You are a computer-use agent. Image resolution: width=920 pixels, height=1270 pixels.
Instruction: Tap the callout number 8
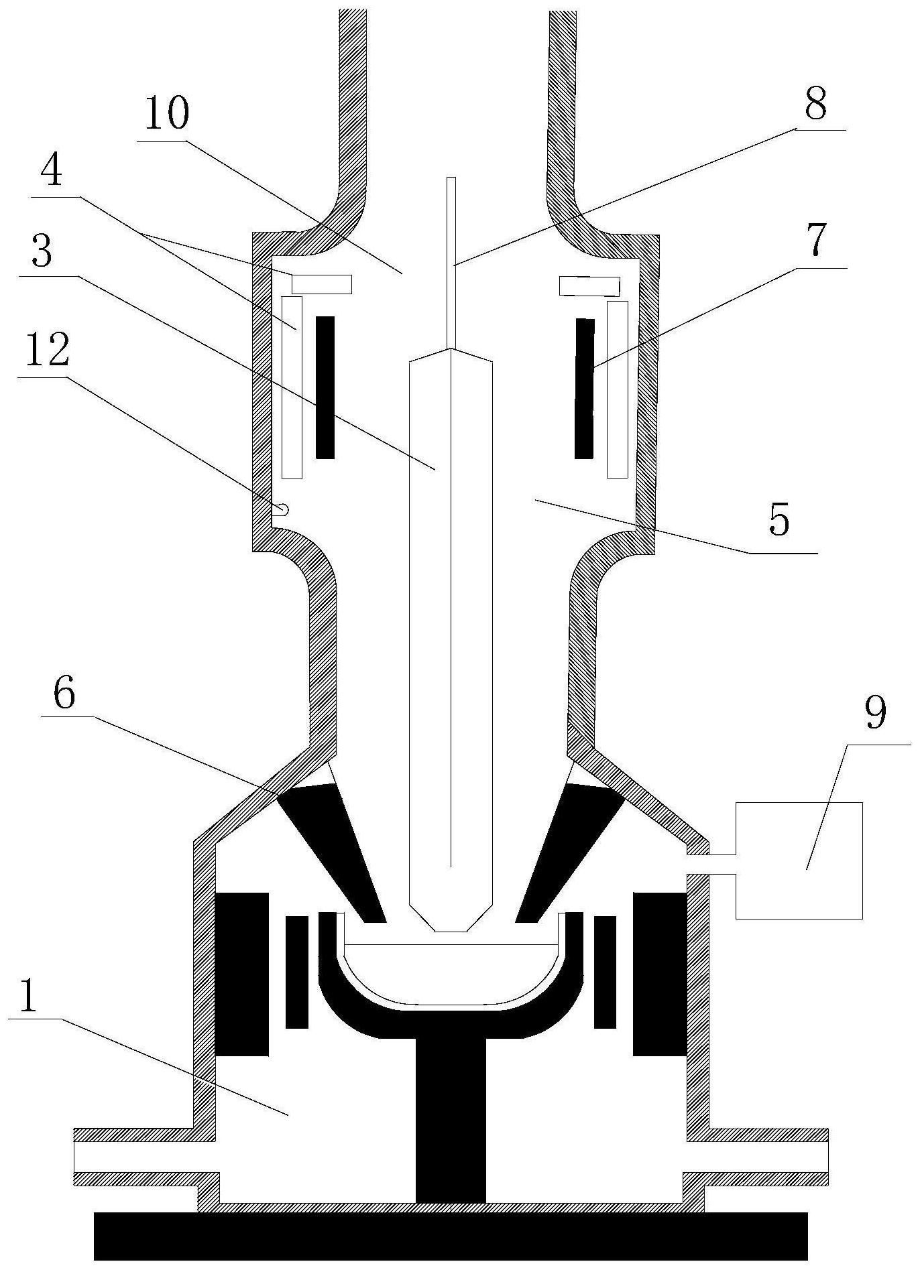815,104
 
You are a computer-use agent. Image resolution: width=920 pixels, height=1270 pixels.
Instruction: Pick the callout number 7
815,243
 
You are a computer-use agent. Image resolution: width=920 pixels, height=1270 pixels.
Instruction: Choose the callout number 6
64,694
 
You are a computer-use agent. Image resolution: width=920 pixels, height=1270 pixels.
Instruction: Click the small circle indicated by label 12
283,510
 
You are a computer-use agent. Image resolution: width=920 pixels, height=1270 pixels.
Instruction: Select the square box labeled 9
799,860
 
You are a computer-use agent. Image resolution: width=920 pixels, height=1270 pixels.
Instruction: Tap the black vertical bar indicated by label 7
584,389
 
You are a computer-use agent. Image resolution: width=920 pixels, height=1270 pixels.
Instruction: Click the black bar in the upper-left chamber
325,387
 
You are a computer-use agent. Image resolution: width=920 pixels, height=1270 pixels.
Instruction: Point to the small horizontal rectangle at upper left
321,284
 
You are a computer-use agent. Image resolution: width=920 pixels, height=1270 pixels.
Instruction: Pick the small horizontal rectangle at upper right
589,285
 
